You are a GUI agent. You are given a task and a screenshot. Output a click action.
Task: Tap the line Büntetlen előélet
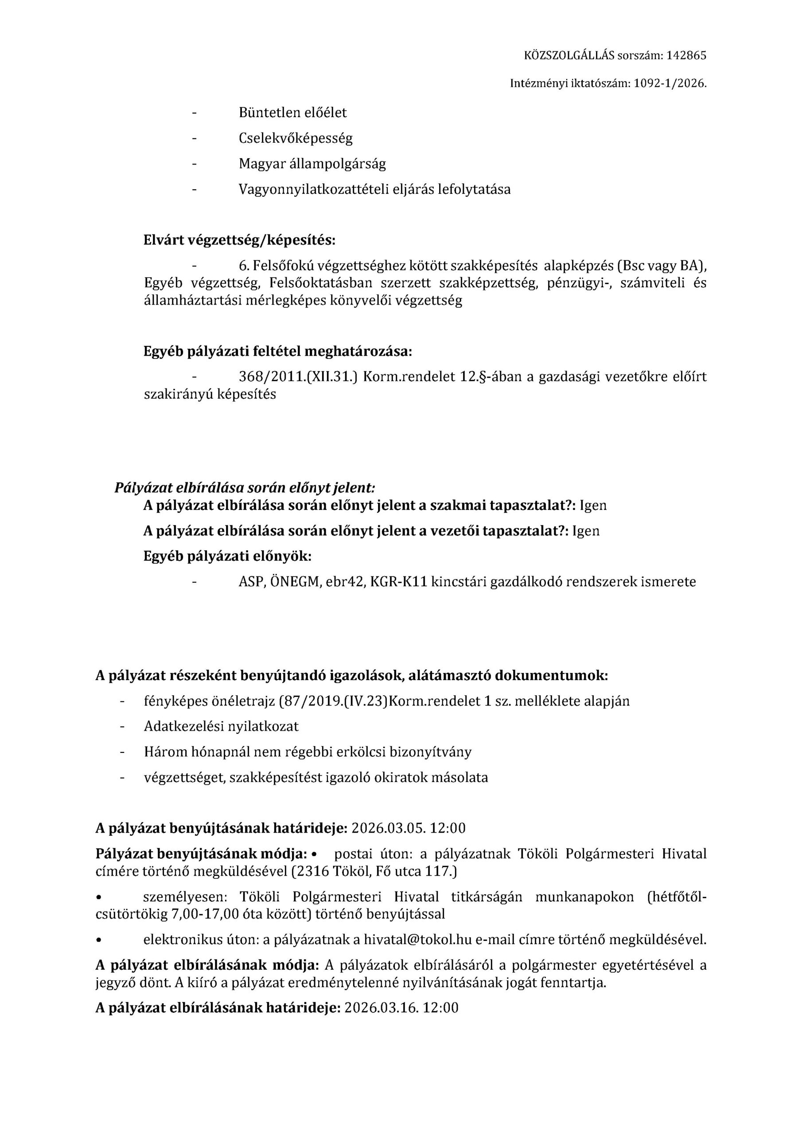click(x=292, y=113)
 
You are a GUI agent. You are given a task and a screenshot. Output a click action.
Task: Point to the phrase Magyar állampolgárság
click(x=312, y=164)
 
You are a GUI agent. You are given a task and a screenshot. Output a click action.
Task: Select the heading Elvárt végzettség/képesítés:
click(x=240, y=240)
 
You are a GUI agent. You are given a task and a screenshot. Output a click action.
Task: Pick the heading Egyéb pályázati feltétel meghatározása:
click(x=278, y=352)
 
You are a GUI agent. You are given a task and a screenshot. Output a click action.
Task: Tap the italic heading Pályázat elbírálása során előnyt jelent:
click(x=245, y=487)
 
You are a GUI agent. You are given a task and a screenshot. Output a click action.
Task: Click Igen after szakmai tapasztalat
click(x=593, y=505)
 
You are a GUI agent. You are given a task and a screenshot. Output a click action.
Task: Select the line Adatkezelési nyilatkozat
click(x=222, y=726)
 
